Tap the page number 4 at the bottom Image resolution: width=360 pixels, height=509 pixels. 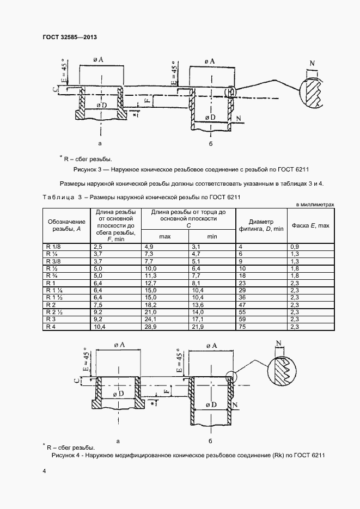tap(43, 469)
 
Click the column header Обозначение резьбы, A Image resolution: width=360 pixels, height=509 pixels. tap(67, 225)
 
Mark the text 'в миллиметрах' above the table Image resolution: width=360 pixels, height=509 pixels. tap(314, 204)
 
